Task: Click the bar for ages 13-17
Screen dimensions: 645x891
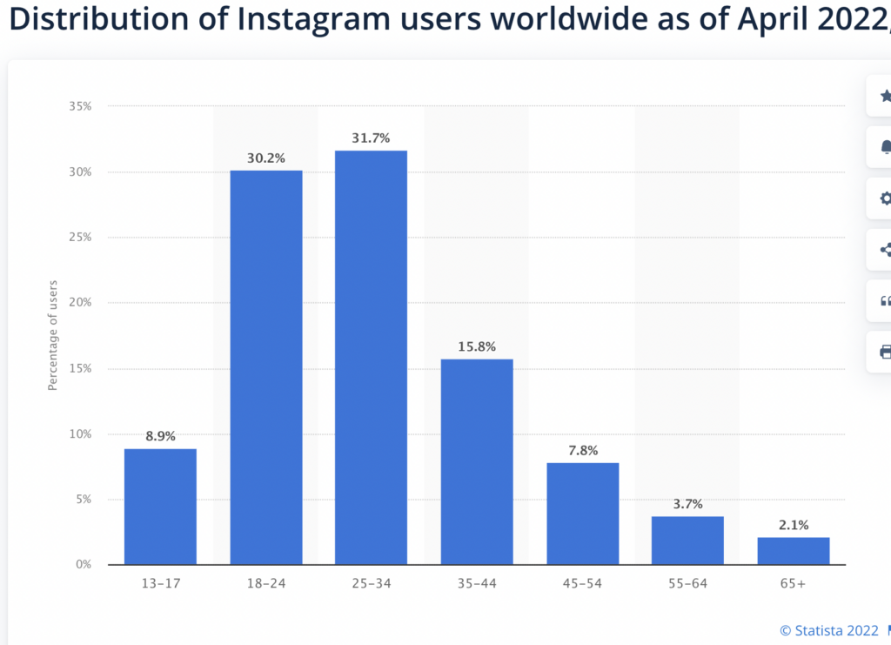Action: pos(160,507)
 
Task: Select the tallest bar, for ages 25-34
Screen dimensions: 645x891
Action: pos(371,357)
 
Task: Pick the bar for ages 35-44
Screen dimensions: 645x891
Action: pos(477,461)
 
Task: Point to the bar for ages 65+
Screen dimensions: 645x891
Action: pos(793,551)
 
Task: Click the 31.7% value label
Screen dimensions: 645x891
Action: pos(371,138)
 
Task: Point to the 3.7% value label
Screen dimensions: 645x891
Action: pos(687,503)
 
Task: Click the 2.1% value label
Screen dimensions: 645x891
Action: pos(793,524)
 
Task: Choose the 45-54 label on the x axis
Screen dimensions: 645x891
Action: pos(582,584)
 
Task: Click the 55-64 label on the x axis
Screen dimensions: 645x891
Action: pos(687,584)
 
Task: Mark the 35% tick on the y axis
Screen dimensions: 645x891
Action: pos(80,106)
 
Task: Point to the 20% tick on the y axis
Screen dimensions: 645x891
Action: pos(80,303)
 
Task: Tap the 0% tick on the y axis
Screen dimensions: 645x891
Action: pos(84,565)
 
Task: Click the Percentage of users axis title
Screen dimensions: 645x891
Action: pos(53,335)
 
